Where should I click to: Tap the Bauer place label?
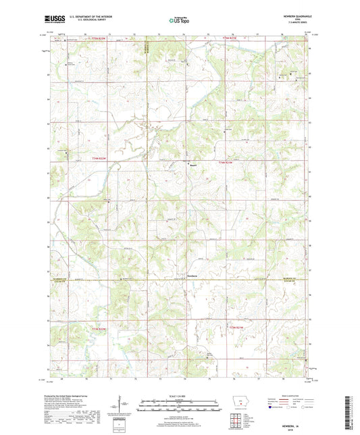coord(192,164)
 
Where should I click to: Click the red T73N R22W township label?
coord(99,328)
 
